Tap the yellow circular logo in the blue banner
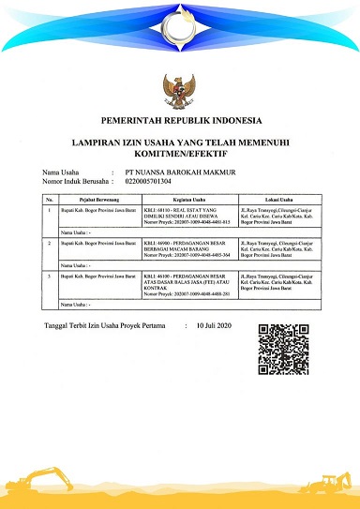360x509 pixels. click(180, 26)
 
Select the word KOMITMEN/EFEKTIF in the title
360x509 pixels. click(180, 158)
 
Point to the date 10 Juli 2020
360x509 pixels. click(218, 326)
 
